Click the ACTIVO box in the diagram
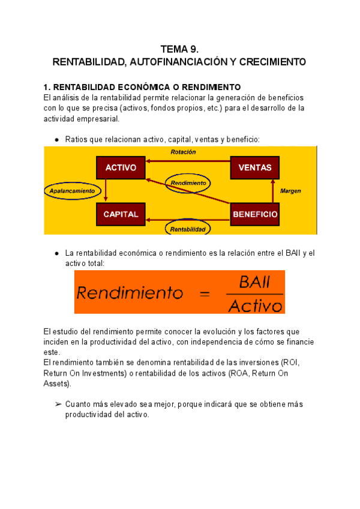tap(121, 167)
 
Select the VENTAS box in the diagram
tap(255, 167)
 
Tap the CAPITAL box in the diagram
tap(121, 214)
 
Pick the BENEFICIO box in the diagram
tap(255, 214)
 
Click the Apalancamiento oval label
tap(72, 190)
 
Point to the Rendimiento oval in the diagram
tap(188, 182)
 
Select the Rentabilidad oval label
tap(188, 229)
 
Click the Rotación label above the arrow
tap(183, 152)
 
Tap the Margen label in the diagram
tap(290, 191)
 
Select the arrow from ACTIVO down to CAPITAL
tap(106, 191)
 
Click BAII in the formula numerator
tap(254, 282)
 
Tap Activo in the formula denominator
tap(255, 306)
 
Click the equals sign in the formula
tap(205, 294)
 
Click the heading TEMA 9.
tap(179, 49)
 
